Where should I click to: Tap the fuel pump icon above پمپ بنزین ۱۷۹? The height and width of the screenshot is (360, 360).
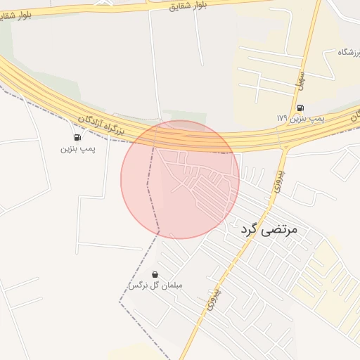tap(301, 108)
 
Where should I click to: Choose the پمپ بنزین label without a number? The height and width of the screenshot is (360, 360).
tap(77, 148)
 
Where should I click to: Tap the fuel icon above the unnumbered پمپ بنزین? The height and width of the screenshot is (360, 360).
tap(77, 137)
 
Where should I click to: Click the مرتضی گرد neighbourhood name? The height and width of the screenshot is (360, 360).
tap(269, 230)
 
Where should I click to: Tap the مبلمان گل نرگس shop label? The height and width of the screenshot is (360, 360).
tap(155, 285)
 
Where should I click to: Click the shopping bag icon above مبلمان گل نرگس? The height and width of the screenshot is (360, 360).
tap(155, 274)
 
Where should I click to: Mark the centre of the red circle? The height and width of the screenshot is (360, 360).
tap(180, 179)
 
